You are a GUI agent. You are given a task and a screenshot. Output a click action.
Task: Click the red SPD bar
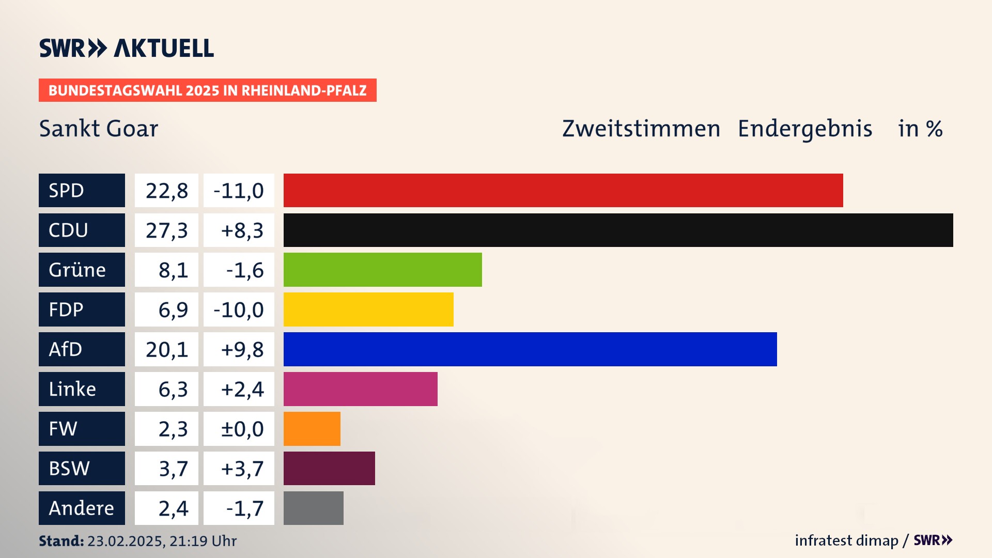click(563, 190)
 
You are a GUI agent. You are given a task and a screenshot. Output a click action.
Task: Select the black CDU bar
click(618, 230)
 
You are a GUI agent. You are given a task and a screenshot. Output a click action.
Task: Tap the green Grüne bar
click(382, 270)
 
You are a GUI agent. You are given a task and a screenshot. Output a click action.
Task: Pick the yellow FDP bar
click(368, 309)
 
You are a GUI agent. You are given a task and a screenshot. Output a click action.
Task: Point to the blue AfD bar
click(530, 349)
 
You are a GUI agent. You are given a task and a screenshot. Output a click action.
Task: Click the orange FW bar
click(312, 429)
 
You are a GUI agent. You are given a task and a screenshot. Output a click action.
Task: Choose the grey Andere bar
click(313, 508)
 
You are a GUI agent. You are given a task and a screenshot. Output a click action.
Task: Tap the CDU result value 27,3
click(166, 230)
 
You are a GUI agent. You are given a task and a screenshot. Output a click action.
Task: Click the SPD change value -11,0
click(239, 191)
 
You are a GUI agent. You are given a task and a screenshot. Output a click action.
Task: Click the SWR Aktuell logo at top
click(126, 48)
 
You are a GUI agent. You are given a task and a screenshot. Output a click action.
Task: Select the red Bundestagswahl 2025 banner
click(207, 90)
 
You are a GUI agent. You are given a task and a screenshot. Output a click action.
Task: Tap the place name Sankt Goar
click(99, 129)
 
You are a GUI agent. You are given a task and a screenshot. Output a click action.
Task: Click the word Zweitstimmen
click(641, 129)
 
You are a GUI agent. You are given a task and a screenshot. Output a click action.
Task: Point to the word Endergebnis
click(804, 129)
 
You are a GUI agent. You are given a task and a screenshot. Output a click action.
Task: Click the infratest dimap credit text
click(846, 540)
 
